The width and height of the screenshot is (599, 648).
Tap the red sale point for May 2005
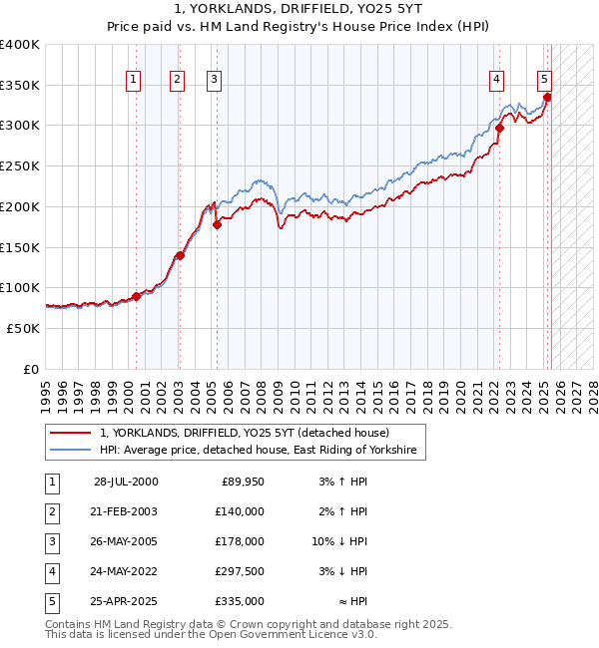coord(217,224)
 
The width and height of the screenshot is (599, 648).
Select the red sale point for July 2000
coord(136,296)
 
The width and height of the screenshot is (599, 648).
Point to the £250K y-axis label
coord(20,165)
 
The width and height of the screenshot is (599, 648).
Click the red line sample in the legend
coord(70,433)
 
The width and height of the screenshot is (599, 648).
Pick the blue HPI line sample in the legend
coord(70,451)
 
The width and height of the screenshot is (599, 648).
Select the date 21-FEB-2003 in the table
coord(124,511)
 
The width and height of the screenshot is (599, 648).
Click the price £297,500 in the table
coord(241,572)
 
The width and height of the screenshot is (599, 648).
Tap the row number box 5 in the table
coord(52,602)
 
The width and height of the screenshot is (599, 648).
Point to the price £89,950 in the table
coord(243,482)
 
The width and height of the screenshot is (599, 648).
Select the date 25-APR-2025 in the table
coord(124,602)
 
